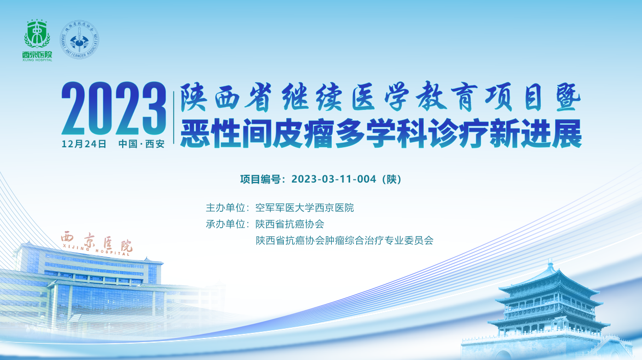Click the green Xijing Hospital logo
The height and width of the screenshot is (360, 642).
coord(37,40)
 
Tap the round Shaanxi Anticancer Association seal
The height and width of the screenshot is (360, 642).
coord(79,39)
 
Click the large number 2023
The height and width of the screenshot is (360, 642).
coord(114,108)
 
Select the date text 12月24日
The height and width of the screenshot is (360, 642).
coord(84,144)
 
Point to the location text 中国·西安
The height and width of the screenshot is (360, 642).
coord(142,144)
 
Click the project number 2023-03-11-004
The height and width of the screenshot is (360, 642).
coord(334,179)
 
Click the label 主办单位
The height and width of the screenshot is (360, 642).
coord(225,208)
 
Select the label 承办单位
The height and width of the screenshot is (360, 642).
coord(225,224)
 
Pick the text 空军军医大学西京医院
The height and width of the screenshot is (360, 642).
coord(305,208)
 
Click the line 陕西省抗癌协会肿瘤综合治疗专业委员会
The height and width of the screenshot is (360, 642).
coord(345,240)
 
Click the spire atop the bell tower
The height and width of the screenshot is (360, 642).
coord(549,264)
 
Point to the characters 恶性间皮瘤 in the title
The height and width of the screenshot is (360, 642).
coord(257,133)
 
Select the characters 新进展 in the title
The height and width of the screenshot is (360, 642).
coord(536,133)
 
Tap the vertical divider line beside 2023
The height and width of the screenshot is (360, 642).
coord(174,118)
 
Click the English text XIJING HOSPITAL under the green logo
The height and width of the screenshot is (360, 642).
coord(37,60)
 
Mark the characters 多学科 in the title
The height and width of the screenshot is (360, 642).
coord(381,133)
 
